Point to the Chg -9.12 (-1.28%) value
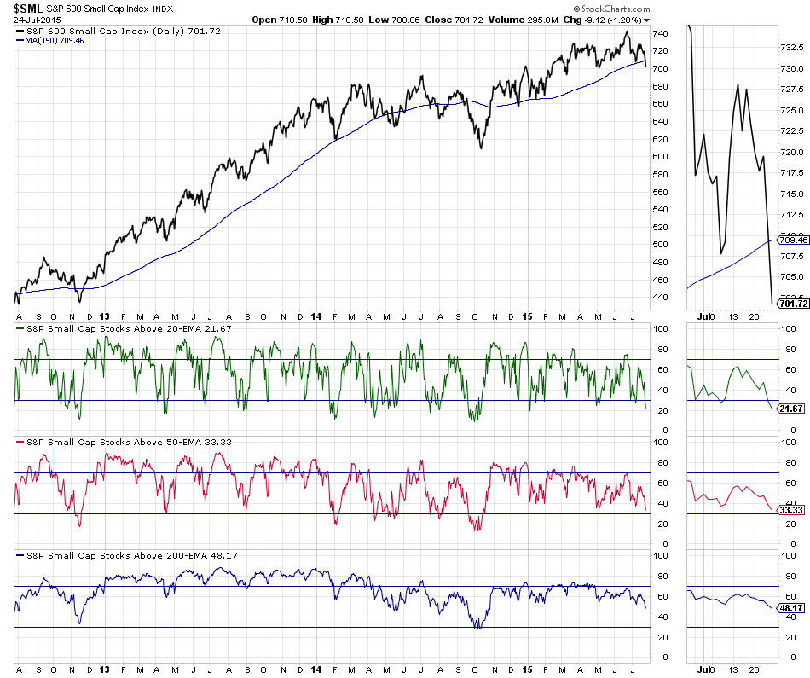point(606,19)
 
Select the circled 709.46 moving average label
point(792,240)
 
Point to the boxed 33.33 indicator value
point(792,510)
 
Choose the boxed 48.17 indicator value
point(792,608)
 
